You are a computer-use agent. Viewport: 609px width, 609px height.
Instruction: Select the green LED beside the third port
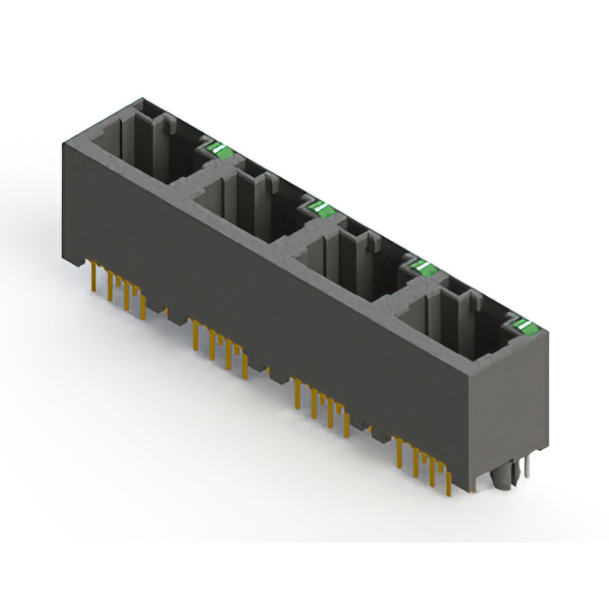[422, 265]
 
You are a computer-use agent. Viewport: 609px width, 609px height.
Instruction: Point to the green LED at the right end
[526, 326]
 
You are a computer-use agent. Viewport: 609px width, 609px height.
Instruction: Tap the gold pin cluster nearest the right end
[424, 466]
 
